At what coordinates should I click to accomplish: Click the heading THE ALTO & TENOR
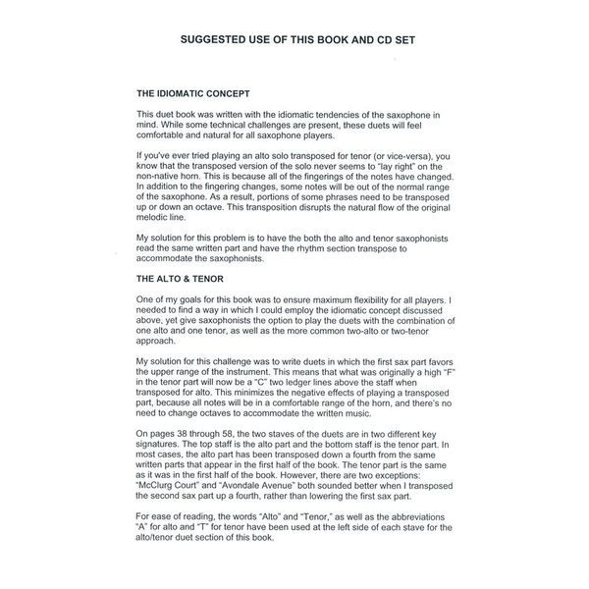tap(183, 280)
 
